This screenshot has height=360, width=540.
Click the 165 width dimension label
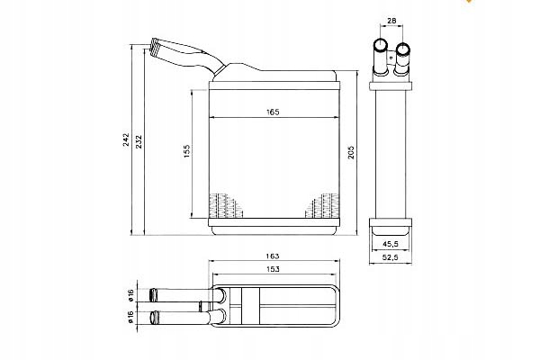point(273,112)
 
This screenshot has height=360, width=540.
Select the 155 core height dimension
point(186,151)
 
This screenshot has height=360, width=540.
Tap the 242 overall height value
point(126,139)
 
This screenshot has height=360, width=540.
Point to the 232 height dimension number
point(139,141)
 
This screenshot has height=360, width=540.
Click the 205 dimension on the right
point(351,152)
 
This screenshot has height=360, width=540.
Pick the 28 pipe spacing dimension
point(391,21)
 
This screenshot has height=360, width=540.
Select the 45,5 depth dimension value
point(391,244)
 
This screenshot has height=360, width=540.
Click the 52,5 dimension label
point(391,257)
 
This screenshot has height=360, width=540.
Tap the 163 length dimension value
point(273,256)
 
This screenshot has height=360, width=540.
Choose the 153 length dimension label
point(273,269)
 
